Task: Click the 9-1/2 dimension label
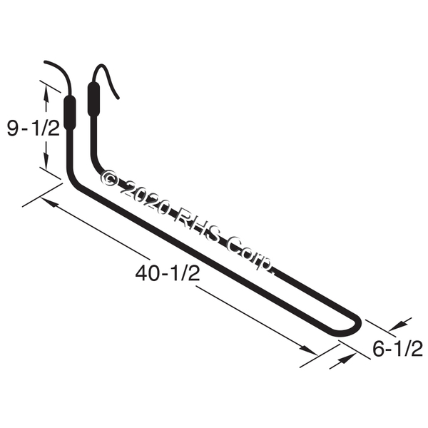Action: [34, 128]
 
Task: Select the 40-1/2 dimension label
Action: [168, 273]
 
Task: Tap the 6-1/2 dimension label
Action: [398, 349]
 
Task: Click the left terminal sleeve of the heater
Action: [70, 113]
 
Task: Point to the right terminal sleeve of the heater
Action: [93, 99]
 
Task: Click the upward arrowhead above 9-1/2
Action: [46, 94]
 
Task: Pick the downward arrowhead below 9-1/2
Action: [46, 160]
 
